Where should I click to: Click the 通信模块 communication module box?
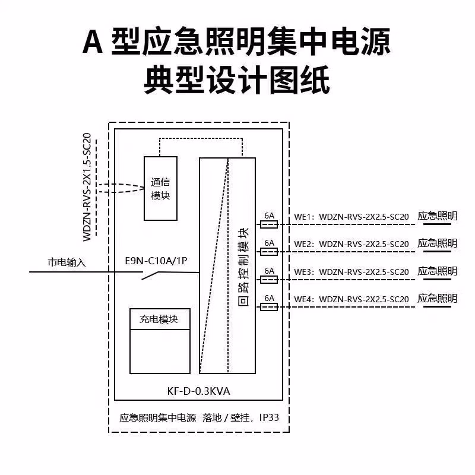(x=160, y=188)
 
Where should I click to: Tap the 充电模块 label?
(x=159, y=319)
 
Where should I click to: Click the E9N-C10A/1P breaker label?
(x=160, y=261)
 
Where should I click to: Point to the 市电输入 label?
(x=66, y=262)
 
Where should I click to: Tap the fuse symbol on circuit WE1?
(x=269, y=224)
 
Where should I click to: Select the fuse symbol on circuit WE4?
(x=269, y=306)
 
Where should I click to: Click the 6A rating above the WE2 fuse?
(x=269, y=243)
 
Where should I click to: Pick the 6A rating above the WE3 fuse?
(x=269, y=271)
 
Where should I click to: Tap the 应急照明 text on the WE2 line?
(x=438, y=243)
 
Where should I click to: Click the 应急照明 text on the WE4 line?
(x=438, y=298)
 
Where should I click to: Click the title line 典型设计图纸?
(x=237, y=80)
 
